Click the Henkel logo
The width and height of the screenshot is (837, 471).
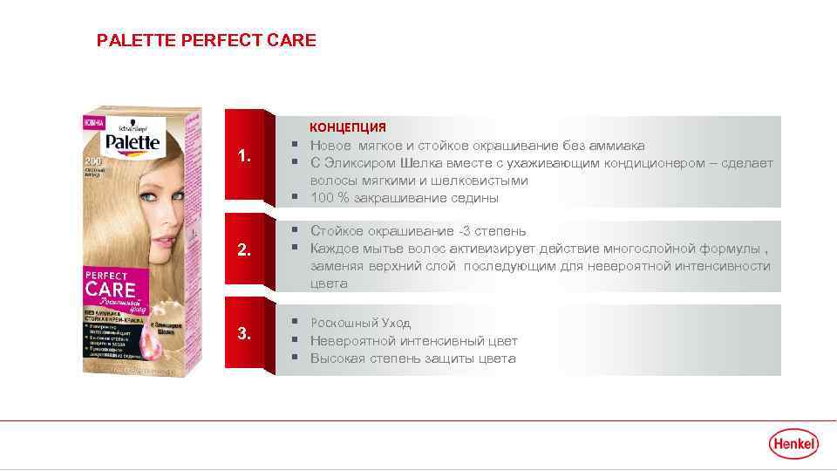(793, 445)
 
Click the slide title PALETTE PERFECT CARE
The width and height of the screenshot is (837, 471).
(207, 41)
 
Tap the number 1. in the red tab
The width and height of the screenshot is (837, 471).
(245, 158)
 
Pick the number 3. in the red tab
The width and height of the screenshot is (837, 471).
(245, 332)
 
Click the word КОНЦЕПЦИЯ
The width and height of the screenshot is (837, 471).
(348, 128)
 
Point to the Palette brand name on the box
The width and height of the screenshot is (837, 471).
(133, 141)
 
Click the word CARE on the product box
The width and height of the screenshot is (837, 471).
(111, 290)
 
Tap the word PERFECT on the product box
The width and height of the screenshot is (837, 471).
(107, 275)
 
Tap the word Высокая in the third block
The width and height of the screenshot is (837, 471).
(336, 358)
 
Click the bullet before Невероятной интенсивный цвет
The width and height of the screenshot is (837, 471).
(296, 341)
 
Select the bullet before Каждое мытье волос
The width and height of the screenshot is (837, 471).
(296, 249)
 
